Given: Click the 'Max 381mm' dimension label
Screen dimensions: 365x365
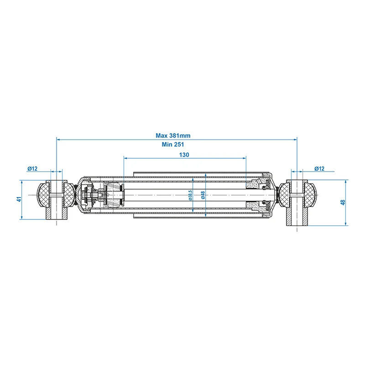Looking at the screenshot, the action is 173,136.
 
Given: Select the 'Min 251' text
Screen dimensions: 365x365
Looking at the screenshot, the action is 173,144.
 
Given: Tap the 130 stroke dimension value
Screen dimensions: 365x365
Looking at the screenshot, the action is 184,155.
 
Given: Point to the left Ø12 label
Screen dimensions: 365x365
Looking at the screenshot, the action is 32,168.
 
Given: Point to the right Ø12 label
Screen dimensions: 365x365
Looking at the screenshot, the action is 319,168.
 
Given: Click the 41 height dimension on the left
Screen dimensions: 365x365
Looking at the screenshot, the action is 19,199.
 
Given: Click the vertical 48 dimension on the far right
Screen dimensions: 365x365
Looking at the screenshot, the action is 343,202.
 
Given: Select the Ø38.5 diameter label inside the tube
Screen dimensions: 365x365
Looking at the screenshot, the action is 190,195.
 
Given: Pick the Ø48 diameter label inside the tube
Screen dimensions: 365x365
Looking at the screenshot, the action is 203,195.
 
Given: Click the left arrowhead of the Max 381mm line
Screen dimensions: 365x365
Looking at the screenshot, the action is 58,140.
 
